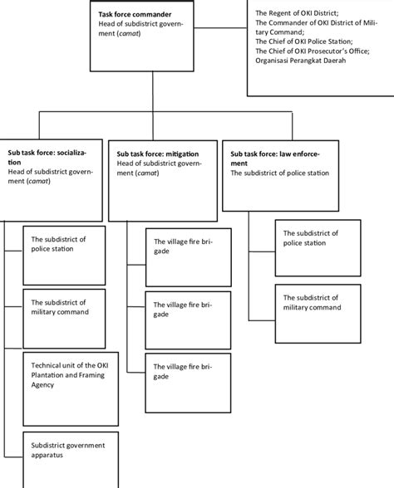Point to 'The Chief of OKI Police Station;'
point(304,42)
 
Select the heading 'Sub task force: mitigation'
point(158,154)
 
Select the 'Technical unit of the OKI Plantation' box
point(64,374)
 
